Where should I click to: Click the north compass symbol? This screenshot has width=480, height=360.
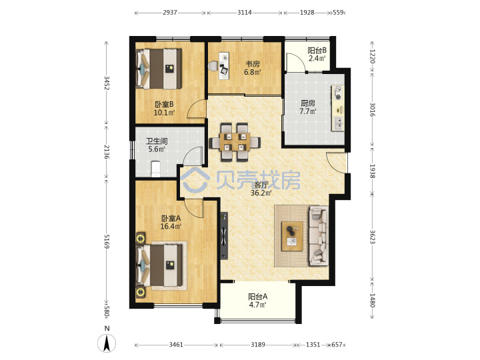point(107,340)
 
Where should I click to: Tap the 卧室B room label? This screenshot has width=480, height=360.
point(164,109)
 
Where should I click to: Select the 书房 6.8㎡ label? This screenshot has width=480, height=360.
point(253,68)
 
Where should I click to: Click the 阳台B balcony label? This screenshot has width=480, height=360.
point(317,54)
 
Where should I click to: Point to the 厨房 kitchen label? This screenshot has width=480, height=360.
point(307,107)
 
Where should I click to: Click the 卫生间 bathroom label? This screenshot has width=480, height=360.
point(157,145)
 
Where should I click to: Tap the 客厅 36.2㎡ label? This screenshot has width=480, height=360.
point(261,189)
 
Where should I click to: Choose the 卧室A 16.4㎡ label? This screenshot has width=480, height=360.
point(171,222)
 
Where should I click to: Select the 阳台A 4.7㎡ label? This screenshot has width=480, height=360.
point(257,301)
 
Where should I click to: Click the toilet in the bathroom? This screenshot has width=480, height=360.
point(155,169)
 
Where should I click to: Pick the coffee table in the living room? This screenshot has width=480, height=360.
point(293,236)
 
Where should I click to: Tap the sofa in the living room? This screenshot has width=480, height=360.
point(319,235)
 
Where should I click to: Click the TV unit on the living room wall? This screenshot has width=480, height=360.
point(224,236)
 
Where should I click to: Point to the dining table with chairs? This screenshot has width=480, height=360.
point(235,142)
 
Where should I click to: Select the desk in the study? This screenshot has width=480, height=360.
point(224,66)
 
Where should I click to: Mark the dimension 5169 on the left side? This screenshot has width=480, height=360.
point(107,241)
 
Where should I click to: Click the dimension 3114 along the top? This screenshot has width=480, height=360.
point(245,13)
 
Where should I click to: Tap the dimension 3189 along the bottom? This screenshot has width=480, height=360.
point(258,345)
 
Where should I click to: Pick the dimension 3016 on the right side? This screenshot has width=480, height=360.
point(372,109)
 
